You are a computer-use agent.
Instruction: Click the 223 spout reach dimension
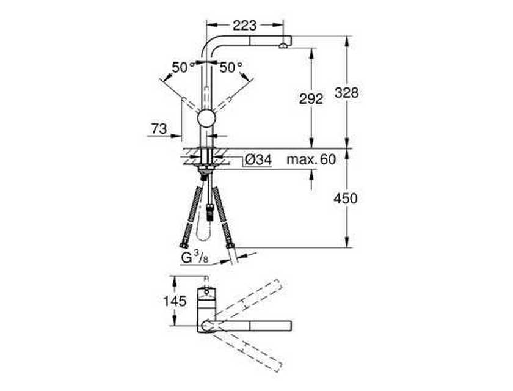245,26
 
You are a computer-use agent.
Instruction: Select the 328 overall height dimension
346,93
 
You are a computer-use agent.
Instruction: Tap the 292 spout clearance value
311,99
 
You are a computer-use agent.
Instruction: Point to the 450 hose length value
346,199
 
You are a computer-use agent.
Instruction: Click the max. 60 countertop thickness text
311,159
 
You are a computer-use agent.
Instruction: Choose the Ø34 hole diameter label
258,160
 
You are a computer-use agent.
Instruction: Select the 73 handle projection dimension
159,129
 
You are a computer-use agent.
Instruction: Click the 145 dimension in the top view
175,301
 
